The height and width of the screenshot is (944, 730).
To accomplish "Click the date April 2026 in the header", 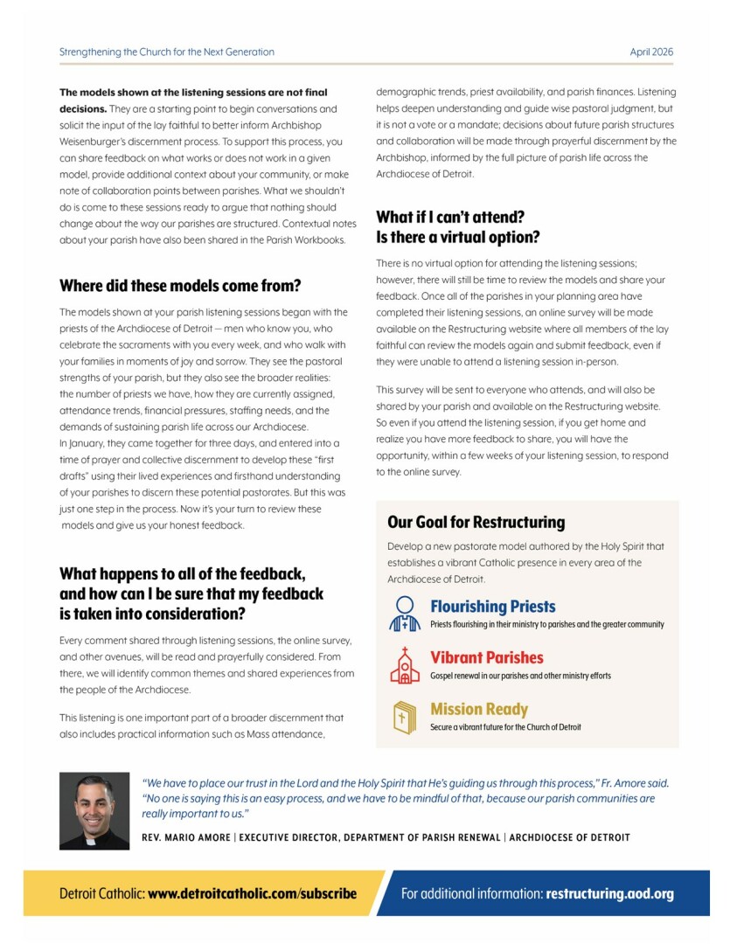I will tap(651, 52).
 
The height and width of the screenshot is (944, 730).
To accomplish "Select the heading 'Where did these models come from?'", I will tap(180, 285).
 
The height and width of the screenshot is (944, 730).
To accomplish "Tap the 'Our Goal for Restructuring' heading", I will tap(476, 523).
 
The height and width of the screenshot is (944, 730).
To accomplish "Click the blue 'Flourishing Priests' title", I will tap(492, 607).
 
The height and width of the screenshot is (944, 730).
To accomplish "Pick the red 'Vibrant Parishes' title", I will tap(486, 658).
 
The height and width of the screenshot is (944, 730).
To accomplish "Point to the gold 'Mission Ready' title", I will tap(479, 710).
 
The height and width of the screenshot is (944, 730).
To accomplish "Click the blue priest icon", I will tap(405, 614).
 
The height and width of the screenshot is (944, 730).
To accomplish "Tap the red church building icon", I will tap(404, 665).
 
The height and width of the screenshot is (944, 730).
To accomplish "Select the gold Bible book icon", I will tap(404, 717).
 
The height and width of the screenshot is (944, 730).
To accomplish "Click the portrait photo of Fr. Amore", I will tap(94, 811).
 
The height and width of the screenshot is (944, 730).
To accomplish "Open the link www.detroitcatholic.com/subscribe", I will tap(252, 893).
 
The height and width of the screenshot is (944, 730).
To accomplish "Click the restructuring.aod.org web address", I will tap(609, 893).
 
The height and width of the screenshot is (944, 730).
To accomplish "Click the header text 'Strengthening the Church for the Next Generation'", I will tap(166, 52).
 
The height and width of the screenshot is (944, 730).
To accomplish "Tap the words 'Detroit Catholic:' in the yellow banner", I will tap(101, 893).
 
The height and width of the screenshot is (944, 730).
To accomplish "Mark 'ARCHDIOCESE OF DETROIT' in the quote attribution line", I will tap(570, 837).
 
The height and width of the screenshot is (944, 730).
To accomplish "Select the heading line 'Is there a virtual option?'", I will tap(457, 237).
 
